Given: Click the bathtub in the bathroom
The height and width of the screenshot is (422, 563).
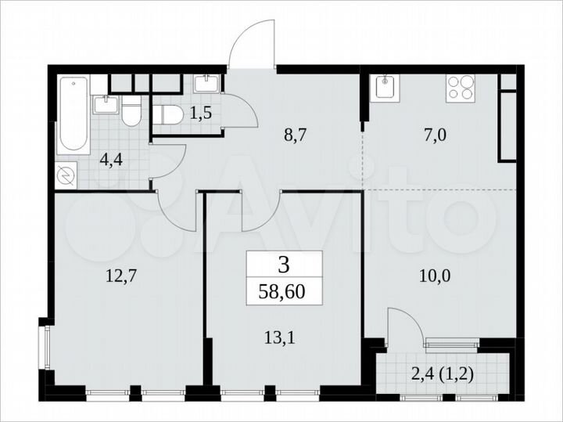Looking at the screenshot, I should [73, 115].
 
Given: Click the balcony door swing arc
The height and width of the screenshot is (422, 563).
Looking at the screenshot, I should [405, 323].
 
